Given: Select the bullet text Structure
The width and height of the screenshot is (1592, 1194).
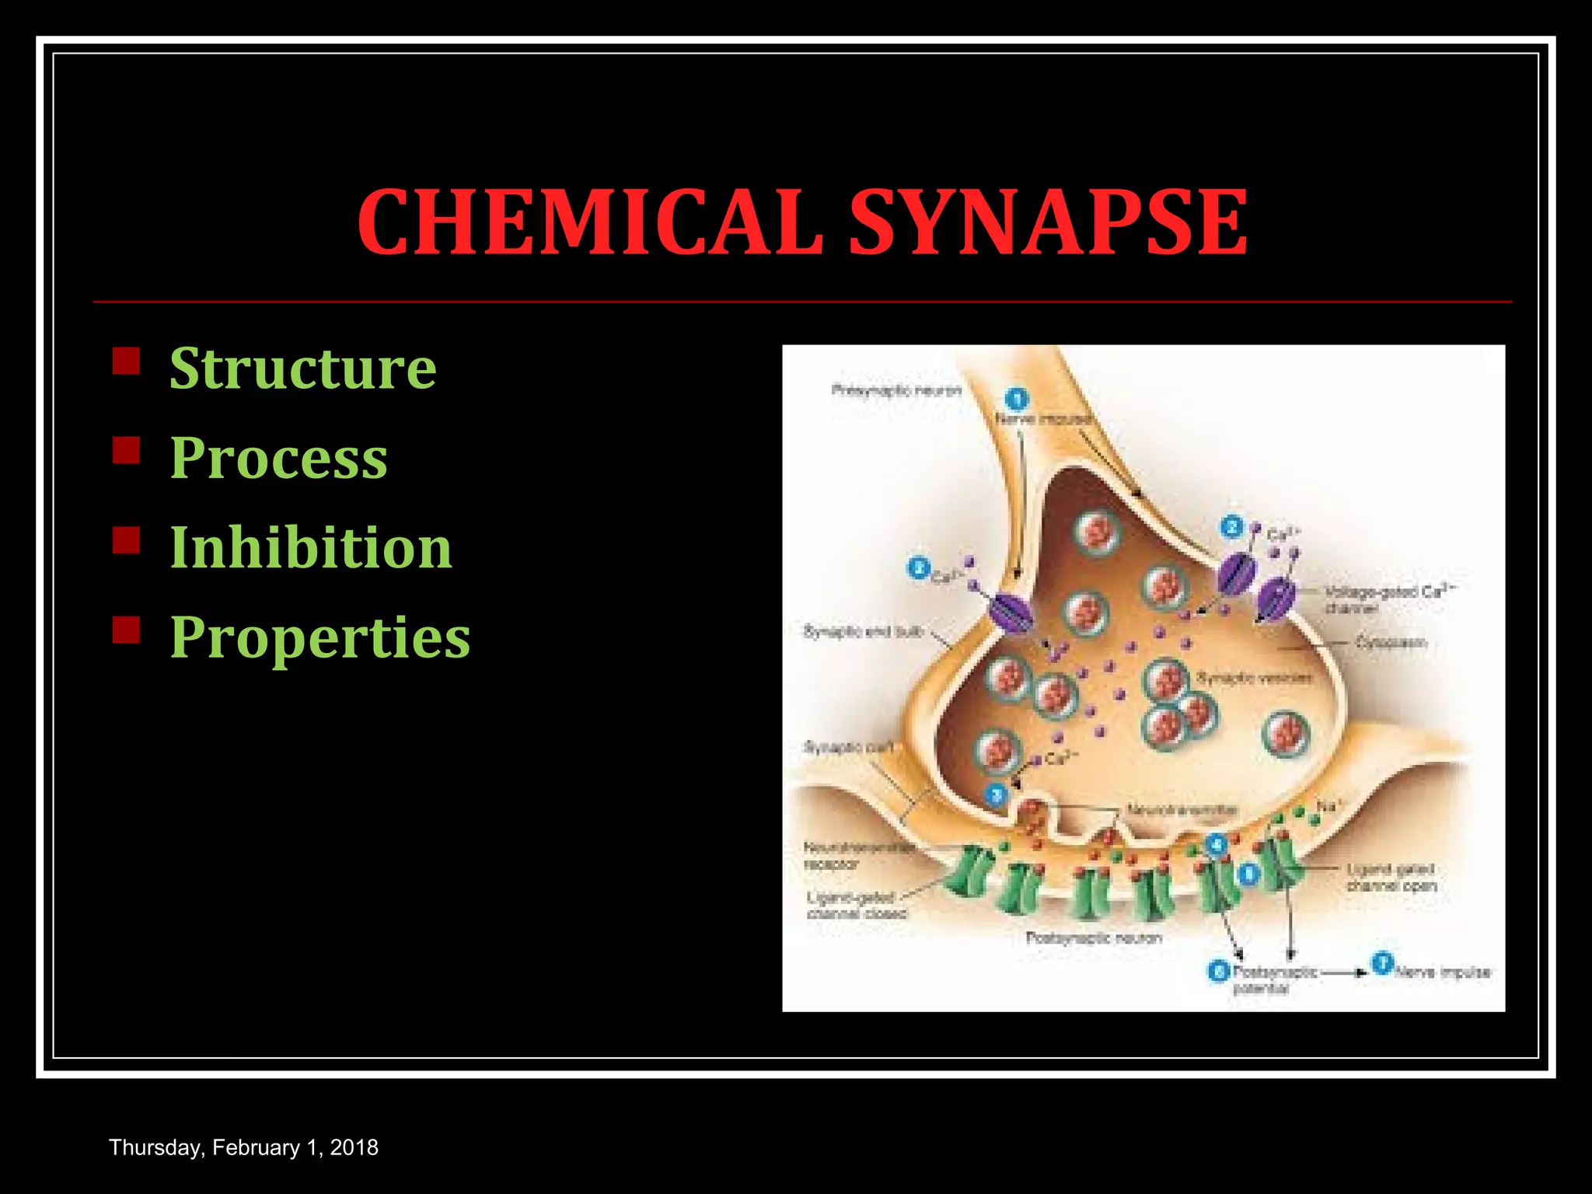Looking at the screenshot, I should coord(303,368).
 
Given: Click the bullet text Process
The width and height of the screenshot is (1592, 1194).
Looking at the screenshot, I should coord(278,458).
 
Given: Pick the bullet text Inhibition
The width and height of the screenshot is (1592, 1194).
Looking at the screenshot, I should coord(311,547).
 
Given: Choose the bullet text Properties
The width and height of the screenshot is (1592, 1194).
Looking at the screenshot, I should coord(320,637).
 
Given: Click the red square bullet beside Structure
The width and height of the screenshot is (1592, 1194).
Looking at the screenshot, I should coord(126,361).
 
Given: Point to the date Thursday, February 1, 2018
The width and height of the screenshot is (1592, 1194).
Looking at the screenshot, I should coord(243,1147).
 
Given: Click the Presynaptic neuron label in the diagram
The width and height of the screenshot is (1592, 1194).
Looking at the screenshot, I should coord(896,390).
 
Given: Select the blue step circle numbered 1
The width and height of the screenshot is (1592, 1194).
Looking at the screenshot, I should coord(1016,400).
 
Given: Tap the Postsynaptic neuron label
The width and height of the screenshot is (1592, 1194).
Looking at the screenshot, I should coord(1094,938).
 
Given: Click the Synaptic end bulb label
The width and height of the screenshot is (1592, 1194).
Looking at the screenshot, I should coord(864,631).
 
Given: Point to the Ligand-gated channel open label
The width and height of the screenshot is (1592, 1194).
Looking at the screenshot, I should coord(1391,878).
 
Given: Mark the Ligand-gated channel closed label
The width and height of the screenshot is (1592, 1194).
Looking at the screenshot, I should coord(856,906).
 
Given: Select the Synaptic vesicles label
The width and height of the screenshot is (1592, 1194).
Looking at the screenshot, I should coord(1254,678).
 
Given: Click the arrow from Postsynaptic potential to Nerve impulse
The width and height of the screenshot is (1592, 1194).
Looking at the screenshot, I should coord(1343,972).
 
